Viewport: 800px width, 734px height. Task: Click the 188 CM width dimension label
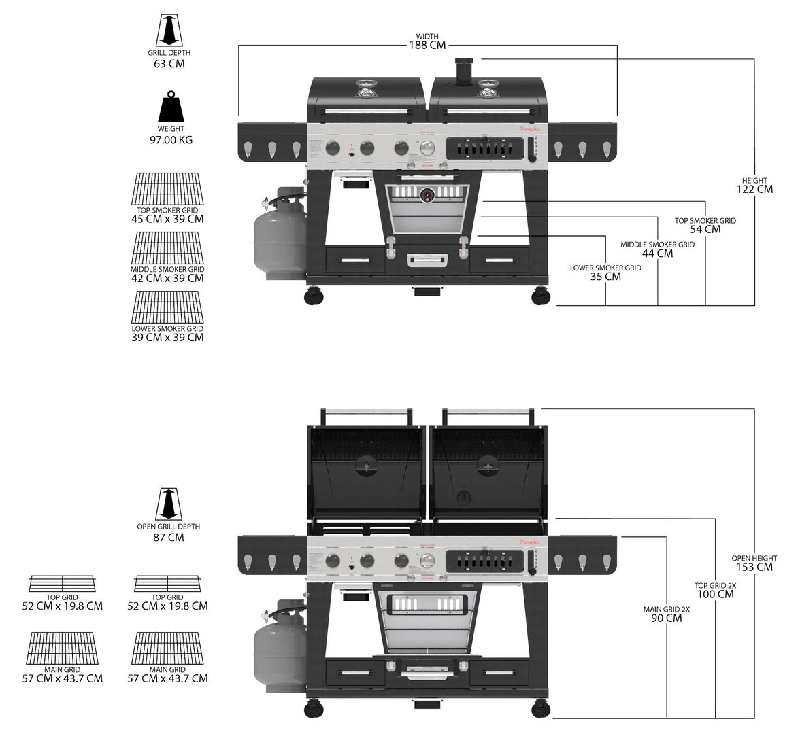pyautogui.click(x=427, y=46)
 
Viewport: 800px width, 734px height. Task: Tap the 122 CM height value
pyautogui.click(x=754, y=189)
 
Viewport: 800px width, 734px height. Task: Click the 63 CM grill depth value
pyautogui.click(x=169, y=64)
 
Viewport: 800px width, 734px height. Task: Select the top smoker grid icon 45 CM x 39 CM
pyautogui.click(x=167, y=189)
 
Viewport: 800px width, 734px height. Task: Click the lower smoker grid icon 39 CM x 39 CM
pyautogui.click(x=167, y=308)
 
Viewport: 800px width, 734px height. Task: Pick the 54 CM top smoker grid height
pyautogui.click(x=705, y=229)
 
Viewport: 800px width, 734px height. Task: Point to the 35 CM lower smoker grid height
pyautogui.click(x=605, y=277)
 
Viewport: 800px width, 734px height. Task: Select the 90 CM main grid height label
pyautogui.click(x=666, y=618)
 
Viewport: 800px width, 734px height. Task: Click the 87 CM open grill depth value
pyautogui.click(x=169, y=538)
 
